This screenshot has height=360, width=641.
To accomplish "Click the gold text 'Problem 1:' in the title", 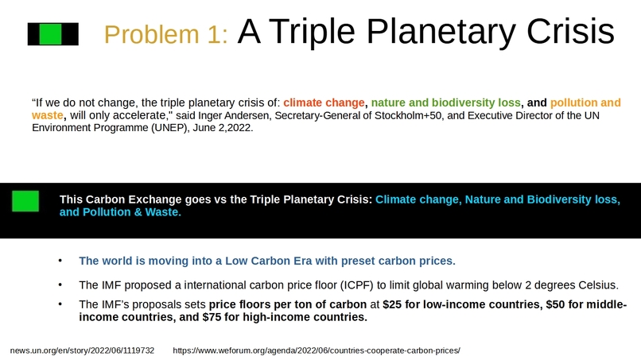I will point(166,34).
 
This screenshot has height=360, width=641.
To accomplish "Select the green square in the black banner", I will point(25,201).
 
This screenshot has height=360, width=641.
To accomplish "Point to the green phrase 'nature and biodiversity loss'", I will point(446,103).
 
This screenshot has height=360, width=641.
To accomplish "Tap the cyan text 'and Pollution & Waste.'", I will point(120,212).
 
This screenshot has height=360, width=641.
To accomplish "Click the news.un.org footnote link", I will point(82,350).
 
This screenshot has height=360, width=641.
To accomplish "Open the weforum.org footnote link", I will point(316,350).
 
